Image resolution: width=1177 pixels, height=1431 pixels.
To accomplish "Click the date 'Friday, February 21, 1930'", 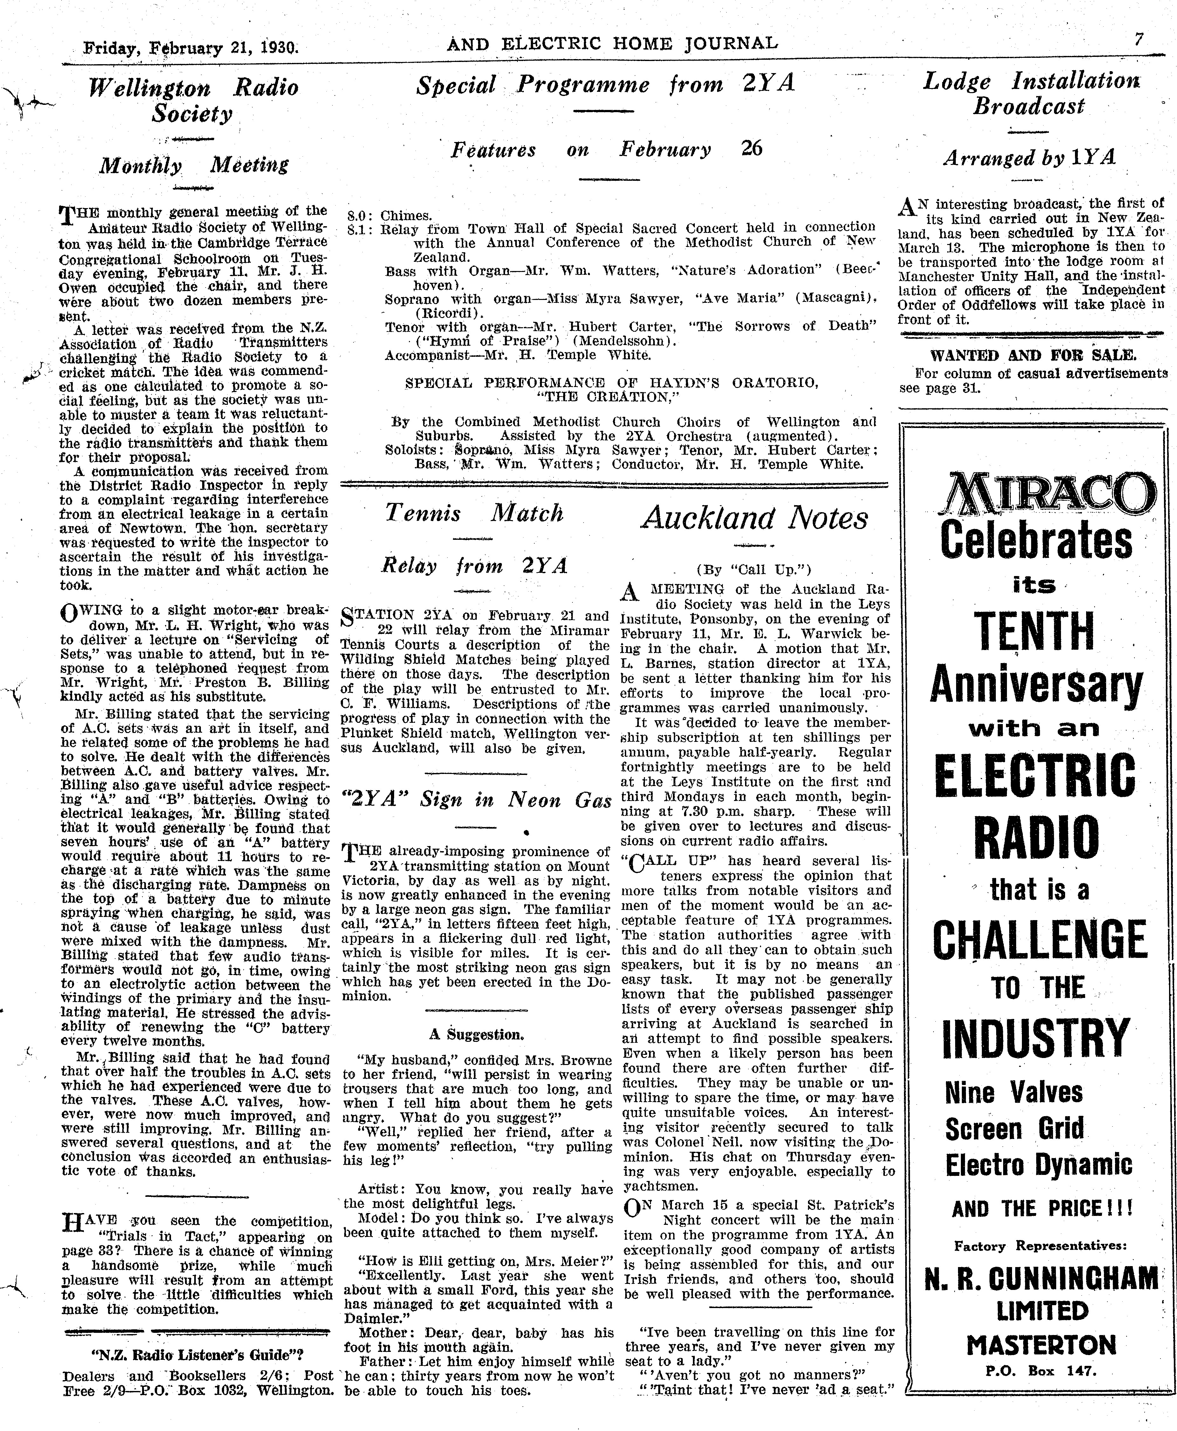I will [190, 48].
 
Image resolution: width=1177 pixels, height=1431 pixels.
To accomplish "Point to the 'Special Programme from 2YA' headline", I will [606, 85].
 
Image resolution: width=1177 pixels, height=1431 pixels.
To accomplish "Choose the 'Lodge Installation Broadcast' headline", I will [1031, 93].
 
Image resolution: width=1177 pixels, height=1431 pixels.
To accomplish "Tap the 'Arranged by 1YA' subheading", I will [1029, 158].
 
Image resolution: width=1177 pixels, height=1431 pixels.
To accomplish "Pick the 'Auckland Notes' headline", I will [755, 519].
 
